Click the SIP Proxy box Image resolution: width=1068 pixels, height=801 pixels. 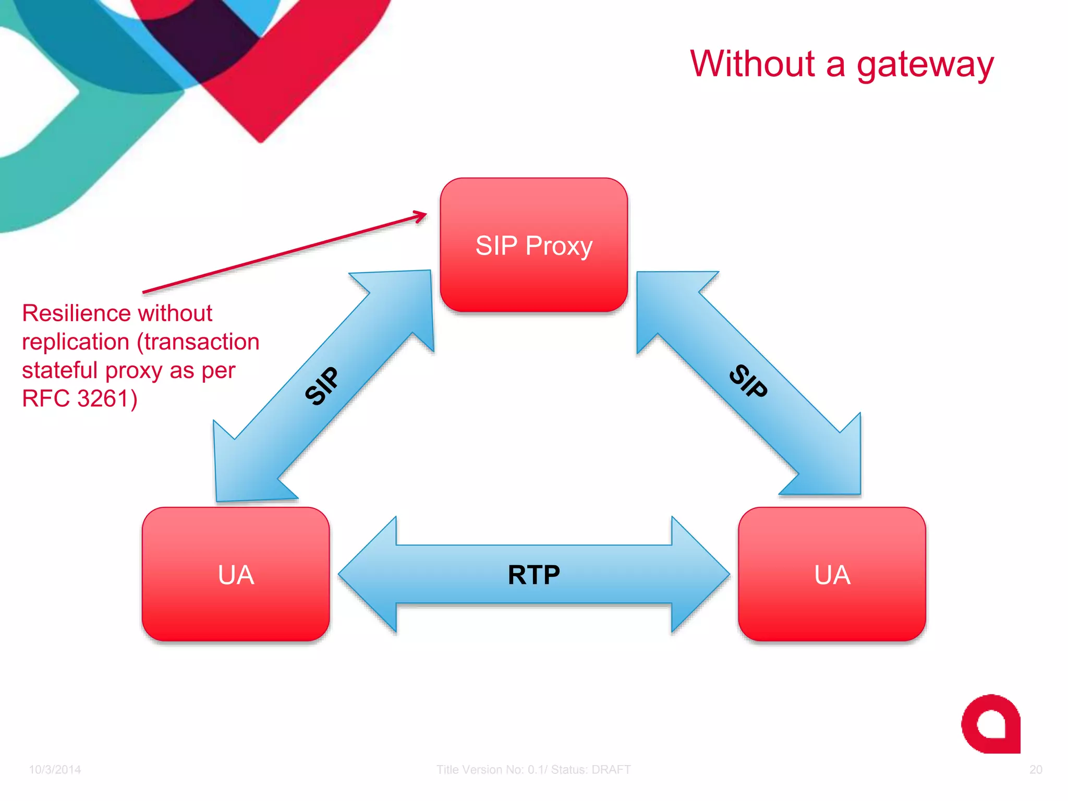(533, 245)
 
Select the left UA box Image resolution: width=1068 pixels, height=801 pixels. (236, 574)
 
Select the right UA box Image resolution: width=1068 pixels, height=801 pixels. (832, 574)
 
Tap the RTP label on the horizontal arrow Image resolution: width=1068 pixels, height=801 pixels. (533, 575)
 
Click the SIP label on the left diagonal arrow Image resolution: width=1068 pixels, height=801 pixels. (322, 386)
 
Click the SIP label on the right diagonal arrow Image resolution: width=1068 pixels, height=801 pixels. (748, 381)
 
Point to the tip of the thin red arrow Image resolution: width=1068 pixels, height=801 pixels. (425, 214)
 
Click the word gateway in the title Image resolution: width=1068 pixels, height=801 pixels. (925, 65)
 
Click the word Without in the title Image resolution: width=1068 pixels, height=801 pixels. (752, 64)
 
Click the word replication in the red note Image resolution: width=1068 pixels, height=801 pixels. (76, 342)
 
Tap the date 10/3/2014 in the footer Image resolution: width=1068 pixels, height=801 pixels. (55, 770)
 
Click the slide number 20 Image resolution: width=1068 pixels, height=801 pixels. (1036, 770)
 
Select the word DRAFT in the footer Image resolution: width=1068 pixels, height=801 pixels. (611, 770)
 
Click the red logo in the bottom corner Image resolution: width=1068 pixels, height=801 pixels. (990, 724)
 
